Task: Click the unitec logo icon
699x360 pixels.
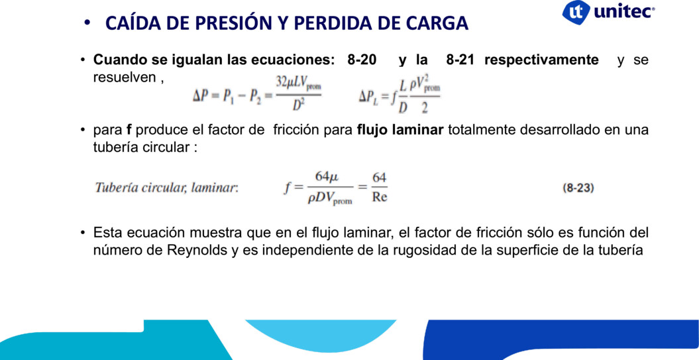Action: click(x=576, y=12)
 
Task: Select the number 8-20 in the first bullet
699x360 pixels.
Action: click(x=362, y=60)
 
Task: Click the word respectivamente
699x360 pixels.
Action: click(x=541, y=60)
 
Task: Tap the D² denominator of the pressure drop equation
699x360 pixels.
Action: click(x=298, y=105)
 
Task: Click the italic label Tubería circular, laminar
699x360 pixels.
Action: click(x=167, y=188)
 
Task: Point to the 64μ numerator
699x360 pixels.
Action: click(x=327, y=176)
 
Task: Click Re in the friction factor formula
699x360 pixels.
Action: click(x=380, y=198)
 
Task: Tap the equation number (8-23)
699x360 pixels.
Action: click(x=578, y=188)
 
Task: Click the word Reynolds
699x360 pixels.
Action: click(x=197, y=250)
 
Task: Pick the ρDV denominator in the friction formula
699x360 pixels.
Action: click(x=329, y=199)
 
